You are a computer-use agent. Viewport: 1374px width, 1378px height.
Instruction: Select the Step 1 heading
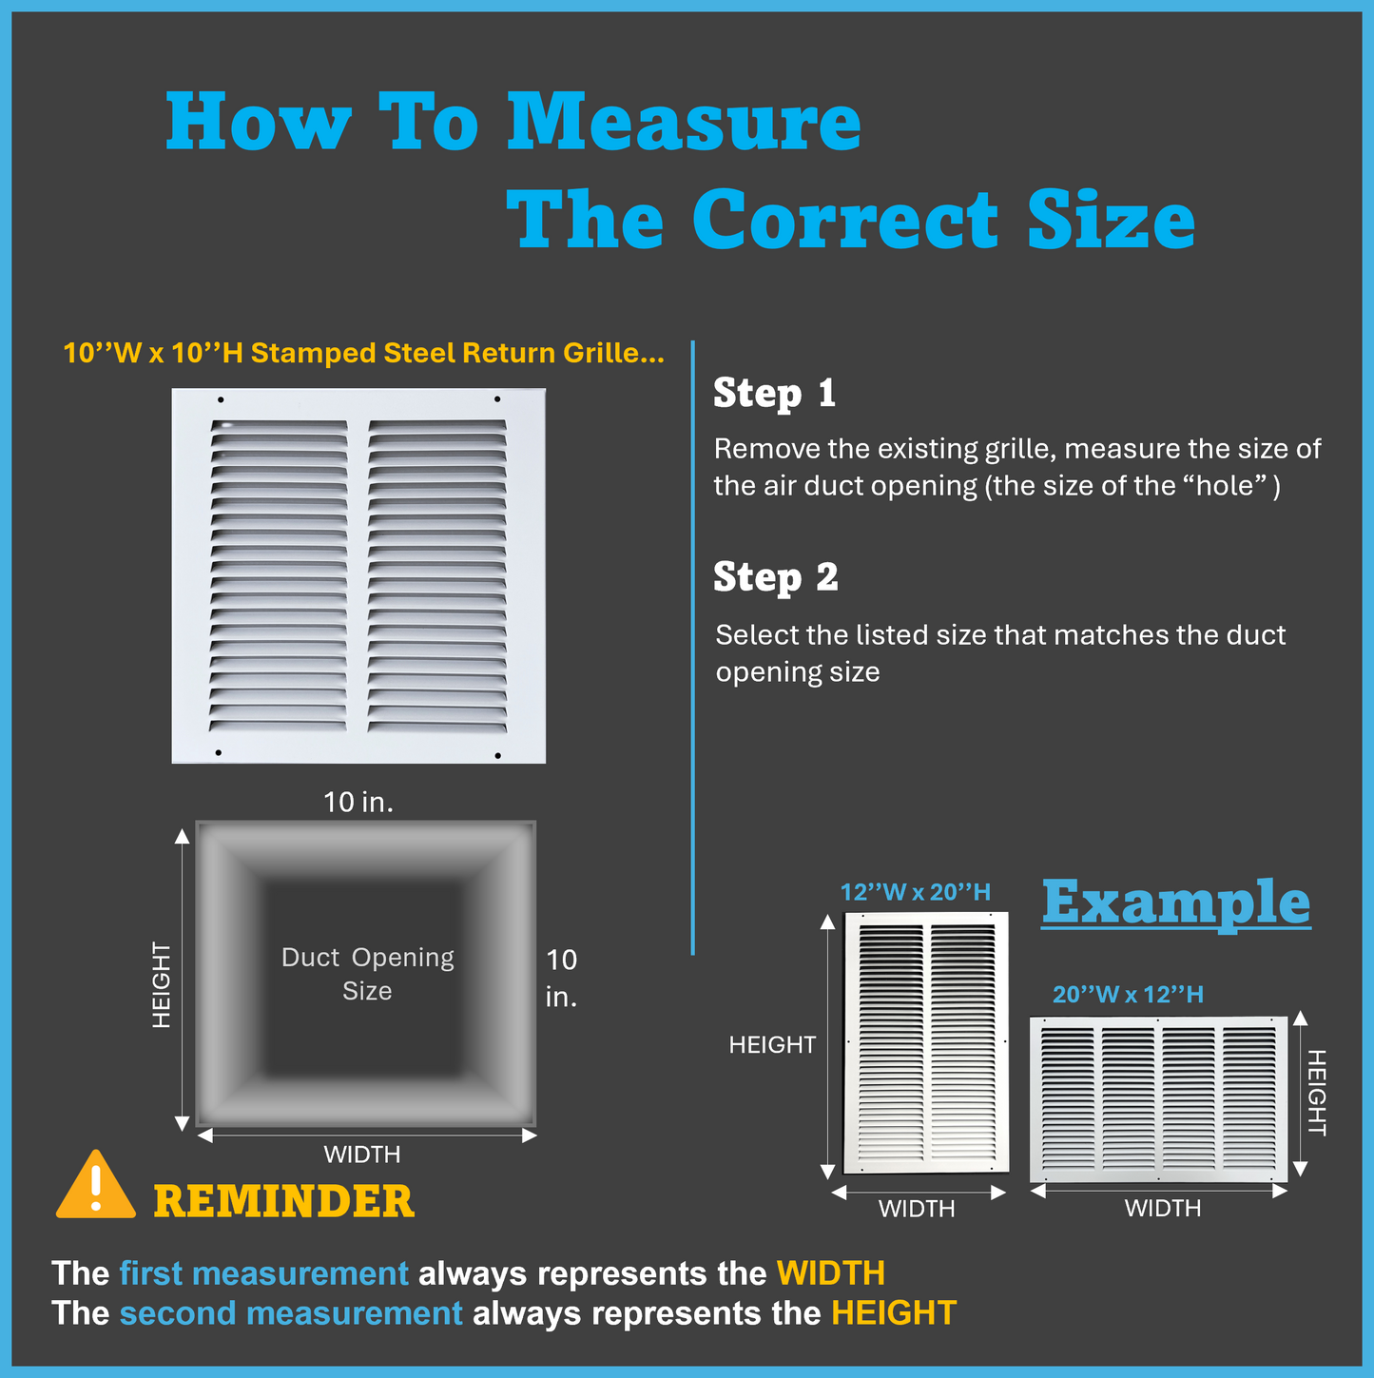(774, 394)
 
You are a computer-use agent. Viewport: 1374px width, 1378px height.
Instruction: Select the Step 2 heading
(775, 577)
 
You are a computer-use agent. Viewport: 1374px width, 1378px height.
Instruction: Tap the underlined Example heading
(1175, 902)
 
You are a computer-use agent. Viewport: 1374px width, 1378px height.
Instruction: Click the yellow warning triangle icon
(95, 1188)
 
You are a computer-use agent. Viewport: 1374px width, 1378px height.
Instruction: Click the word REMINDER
(283, 1201)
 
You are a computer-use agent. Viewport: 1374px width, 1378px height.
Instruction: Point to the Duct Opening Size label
(367, 974)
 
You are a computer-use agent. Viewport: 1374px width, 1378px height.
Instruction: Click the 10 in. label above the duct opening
(358, 803)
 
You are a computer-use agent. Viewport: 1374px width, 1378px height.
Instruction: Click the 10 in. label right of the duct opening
(561, 978)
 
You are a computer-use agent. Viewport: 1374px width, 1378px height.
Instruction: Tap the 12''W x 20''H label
(915, 892)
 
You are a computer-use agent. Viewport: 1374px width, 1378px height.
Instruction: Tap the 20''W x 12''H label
(1127, 995)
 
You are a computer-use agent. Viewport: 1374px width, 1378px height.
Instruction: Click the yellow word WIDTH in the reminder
(830, 1273)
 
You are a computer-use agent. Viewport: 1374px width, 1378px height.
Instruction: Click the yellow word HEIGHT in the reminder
(893, 1313)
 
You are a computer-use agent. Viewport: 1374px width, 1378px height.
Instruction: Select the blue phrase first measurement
(263, 1273)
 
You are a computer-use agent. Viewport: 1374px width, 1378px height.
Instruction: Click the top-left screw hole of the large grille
(221, 400)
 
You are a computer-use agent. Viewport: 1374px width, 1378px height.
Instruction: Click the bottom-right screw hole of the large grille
(497, 755)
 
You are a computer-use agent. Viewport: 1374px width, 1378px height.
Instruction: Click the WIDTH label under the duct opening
(361, 1155)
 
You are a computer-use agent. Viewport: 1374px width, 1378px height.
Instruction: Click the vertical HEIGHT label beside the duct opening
(162, 985)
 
